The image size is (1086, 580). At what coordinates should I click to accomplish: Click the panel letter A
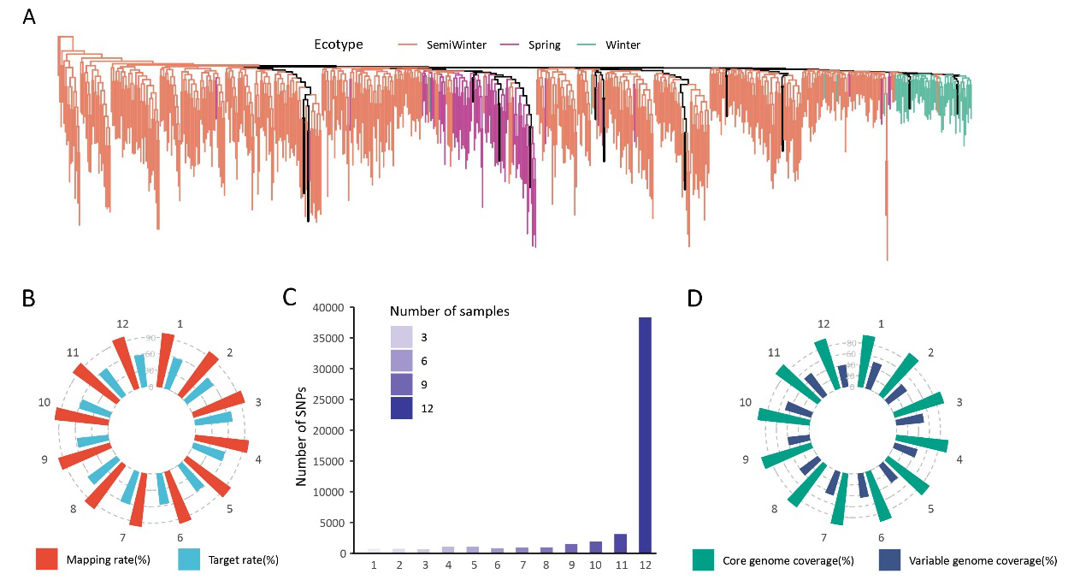(29, 16)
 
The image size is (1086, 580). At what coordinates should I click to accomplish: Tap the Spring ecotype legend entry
(545, 45)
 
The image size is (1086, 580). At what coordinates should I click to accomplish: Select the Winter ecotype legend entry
(622, 45)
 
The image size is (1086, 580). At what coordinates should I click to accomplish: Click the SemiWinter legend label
(457, 45)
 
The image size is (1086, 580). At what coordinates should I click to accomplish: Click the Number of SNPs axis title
(301, 430)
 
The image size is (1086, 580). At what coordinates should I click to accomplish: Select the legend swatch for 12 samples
(402, 409)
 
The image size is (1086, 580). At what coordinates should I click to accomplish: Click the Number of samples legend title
(450, 311)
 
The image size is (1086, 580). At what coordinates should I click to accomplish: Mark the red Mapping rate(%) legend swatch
(46, 560)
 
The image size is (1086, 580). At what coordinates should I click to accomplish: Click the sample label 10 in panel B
(44, 402)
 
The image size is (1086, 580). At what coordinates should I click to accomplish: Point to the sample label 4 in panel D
(959, 459)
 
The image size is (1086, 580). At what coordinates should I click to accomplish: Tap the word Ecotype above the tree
(339, 45)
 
